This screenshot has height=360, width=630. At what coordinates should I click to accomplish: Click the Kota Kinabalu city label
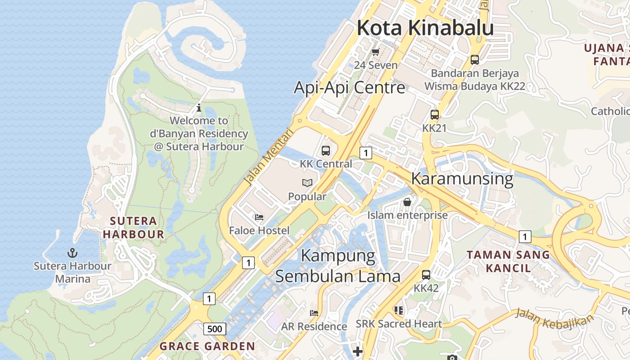tap(425, 28)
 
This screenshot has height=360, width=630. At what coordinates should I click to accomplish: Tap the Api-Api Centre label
tap(350, 87)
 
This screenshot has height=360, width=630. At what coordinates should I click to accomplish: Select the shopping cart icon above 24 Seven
tap(376, 52)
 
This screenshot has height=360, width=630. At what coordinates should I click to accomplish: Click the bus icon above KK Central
tap(326, 151)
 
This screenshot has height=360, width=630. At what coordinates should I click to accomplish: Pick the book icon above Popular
tap(307, 183)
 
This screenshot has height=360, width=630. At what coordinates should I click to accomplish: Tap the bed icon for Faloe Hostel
tap(259, 217)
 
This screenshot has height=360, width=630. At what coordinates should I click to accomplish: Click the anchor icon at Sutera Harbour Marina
tap(72, 252)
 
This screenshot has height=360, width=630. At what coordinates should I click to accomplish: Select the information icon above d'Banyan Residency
tap(199, 108)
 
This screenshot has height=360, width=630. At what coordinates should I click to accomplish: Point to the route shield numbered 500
tap(215, 329)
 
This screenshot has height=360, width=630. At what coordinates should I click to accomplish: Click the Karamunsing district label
tap(462, 179)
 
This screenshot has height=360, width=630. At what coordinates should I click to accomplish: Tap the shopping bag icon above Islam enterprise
tap(407, 202)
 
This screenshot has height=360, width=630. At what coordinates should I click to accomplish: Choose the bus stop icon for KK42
tap(426, 274)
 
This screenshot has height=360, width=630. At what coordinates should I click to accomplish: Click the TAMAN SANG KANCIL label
tap(508, 261)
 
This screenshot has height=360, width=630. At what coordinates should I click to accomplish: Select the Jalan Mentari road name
tap(268, 157)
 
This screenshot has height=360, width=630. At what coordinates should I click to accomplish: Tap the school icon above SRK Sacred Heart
tap(399, 310)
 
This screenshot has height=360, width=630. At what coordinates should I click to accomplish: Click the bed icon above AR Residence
tap(314, 313)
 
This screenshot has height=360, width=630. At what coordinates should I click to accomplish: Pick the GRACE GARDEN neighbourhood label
tap(207, 346)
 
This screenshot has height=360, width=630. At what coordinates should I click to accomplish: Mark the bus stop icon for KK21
tap(434, 114)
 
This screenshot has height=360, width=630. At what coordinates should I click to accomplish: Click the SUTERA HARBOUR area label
tap(134, 227)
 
